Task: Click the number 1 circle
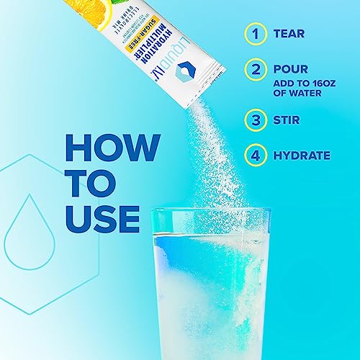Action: (x=253, y=33)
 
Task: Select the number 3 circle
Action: (x=253, y=120)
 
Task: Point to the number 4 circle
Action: (x=253, y=154)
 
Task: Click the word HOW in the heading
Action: (x=111, y=146)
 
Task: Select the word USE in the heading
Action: (x=102, y=217)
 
